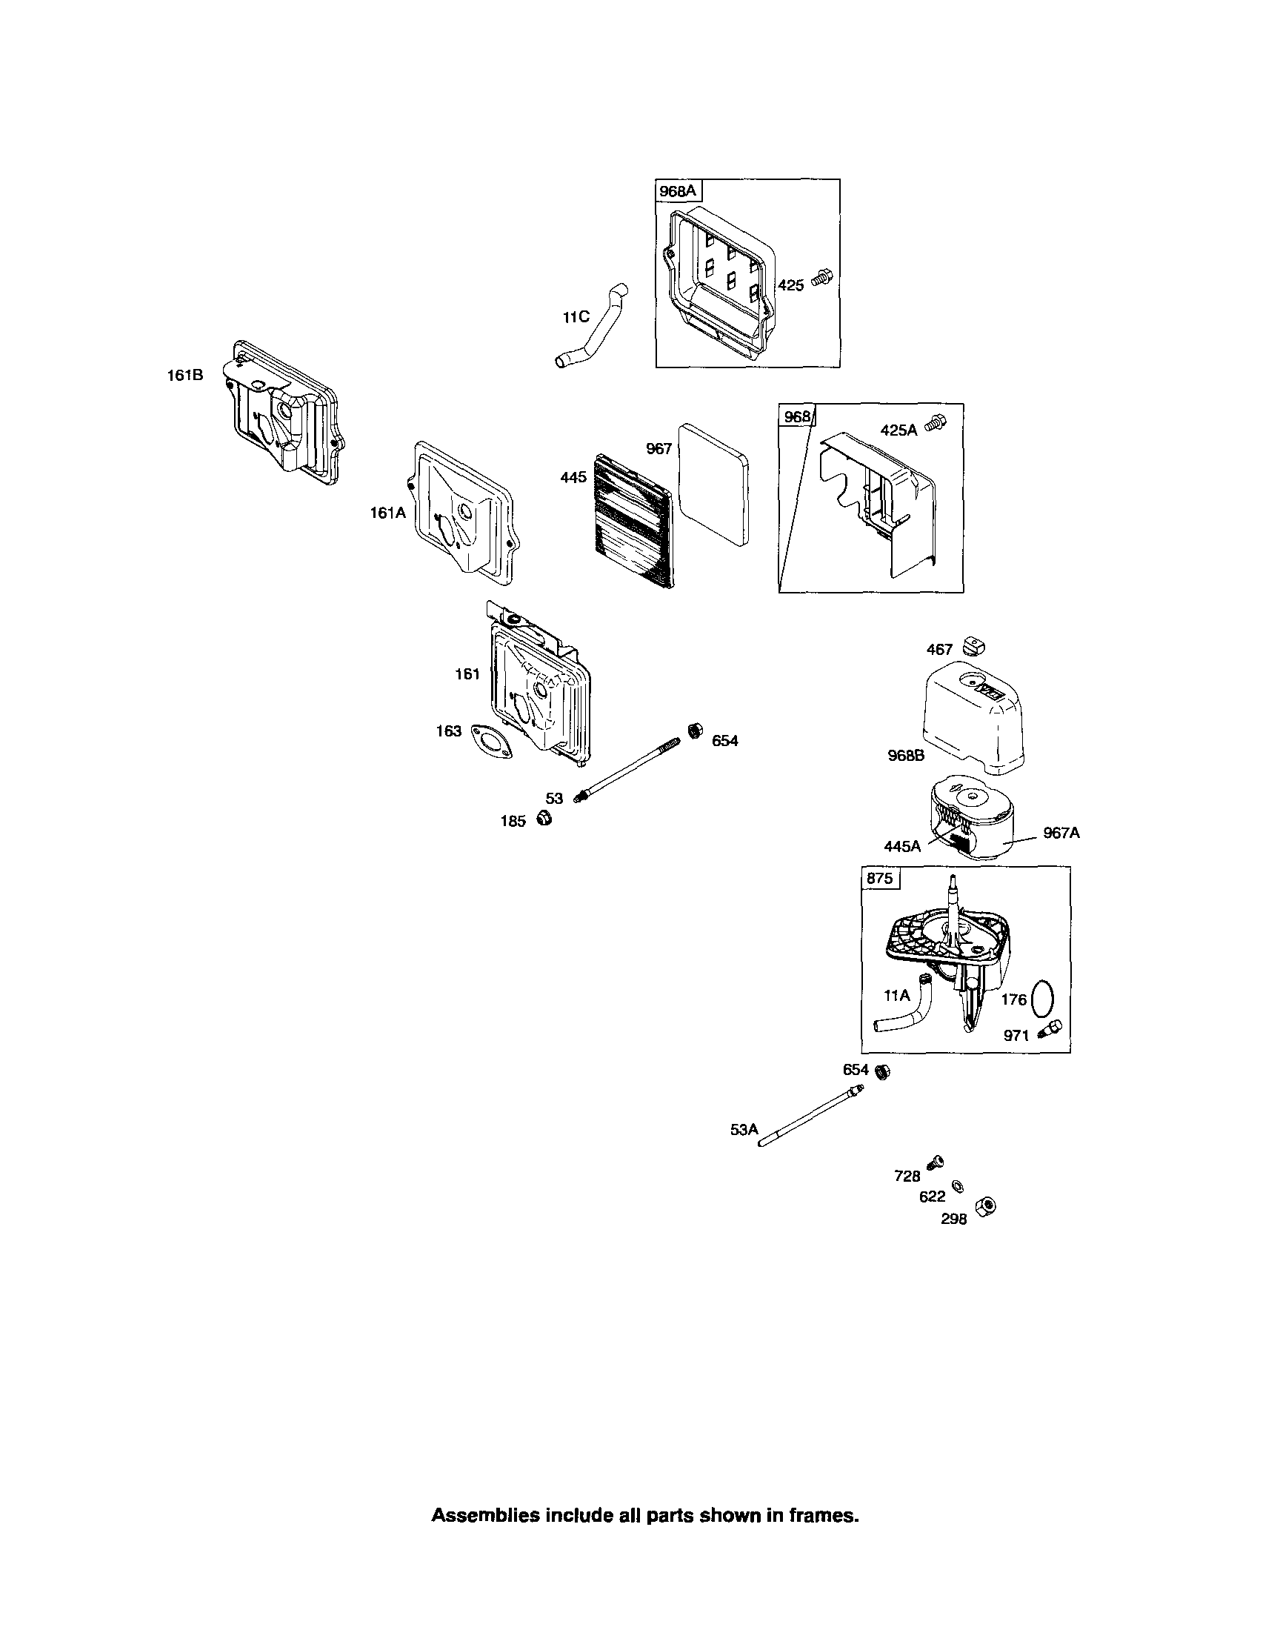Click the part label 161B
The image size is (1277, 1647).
tap(184, 375)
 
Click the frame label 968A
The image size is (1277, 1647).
tap(678, 192)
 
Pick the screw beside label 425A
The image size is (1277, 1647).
tap(938, 424)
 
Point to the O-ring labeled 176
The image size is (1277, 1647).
tap(1041, 998)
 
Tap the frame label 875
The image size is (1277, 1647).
tap(880, 878)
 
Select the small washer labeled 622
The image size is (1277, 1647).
tap(957, 1186)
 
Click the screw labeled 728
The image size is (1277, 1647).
tap(937, 1162)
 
